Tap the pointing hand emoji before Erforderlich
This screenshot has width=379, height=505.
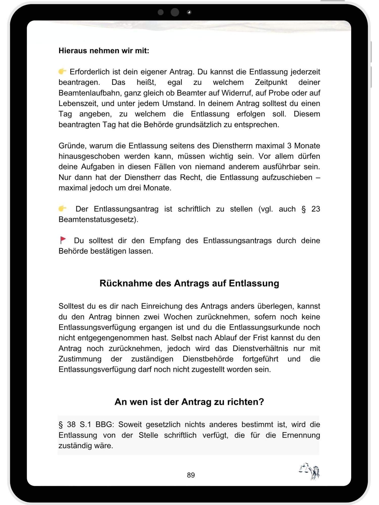tap(62, 71)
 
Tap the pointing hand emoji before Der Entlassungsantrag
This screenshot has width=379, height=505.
tap(62, 209)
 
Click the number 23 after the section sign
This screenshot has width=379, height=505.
tap(316, 209)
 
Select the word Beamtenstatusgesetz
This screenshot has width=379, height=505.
tap(98, 219)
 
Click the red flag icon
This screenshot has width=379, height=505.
tap(63, 240)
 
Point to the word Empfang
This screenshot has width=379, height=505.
tap(165, 240)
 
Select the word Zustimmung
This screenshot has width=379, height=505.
tap(80, 359)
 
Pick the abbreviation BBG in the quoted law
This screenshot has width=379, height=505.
tap(105, 424)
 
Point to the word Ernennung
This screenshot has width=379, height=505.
tap(301, 435)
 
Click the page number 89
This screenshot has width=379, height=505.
tap(191, 475)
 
